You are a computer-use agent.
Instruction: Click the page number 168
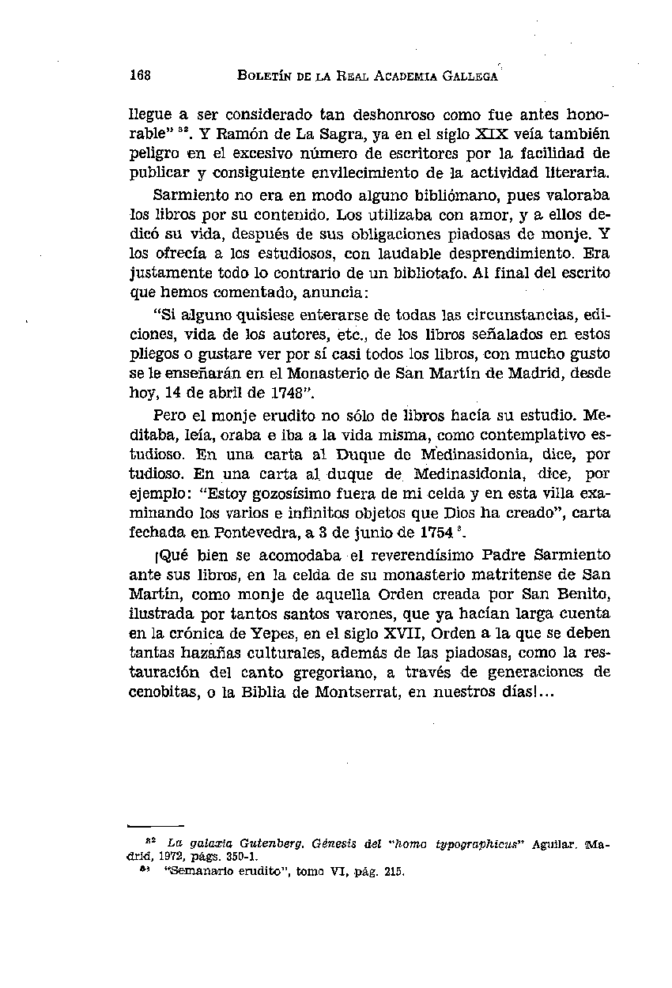pos(141,76)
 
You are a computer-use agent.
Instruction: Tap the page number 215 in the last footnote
pos(391,873)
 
